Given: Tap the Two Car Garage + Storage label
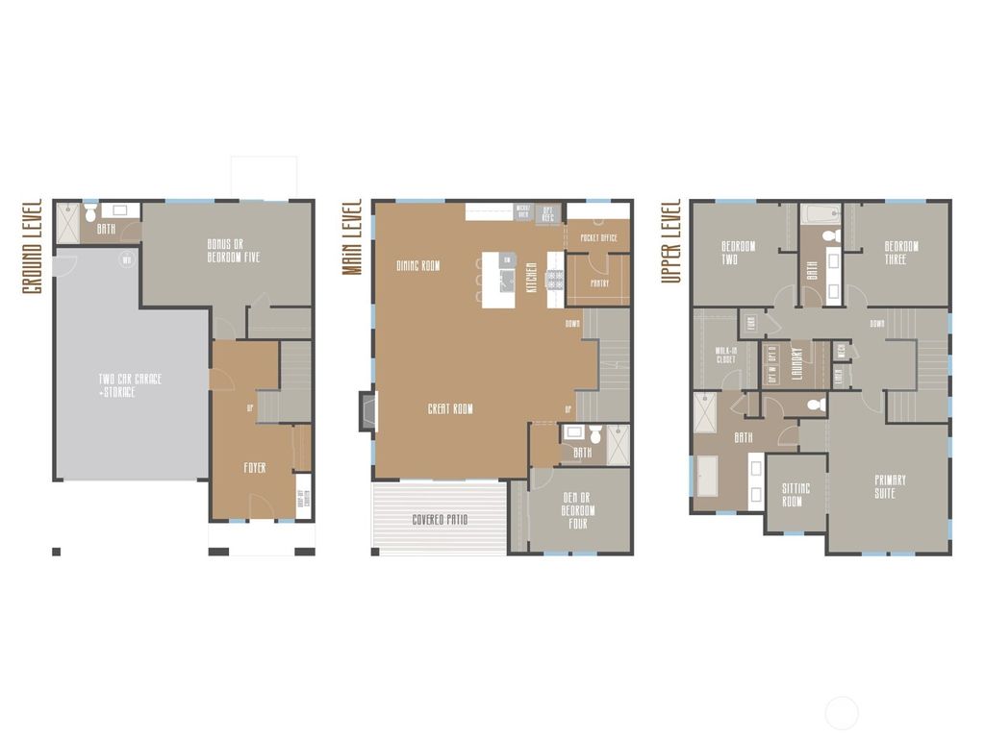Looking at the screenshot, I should (x=130, y=385).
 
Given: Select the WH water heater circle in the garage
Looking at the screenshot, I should (x=125, y=258).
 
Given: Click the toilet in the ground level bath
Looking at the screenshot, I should (x=89, y=209).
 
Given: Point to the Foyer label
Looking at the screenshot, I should (x=254, y=468).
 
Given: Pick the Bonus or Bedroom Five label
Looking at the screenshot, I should (x=233, y=251).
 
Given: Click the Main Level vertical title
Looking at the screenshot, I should (x=352, y=238).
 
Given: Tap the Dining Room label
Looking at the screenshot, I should (x=418, y=265).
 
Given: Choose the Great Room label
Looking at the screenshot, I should (x=450, y=409).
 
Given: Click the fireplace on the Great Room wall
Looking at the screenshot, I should (x=367, y=411).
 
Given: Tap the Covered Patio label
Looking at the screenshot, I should (x=440, y=520).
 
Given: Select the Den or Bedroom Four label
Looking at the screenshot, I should (x=578, y=510).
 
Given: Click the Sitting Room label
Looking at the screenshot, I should (x=796, y=495).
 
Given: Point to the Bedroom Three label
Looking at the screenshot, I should (x=901, y=253).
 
